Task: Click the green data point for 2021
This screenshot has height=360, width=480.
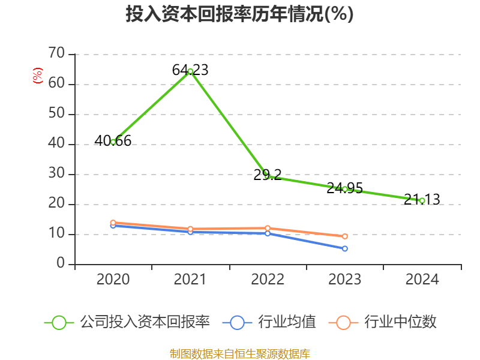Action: pyautogui.click(x=190, y=71)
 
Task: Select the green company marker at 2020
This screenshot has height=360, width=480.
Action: pyautogui.click(x=113, y=142)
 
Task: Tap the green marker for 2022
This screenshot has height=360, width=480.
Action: pyautogui.click(x=268, y=176)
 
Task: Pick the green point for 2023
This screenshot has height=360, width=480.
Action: pyautogui.click(x=345, y=189)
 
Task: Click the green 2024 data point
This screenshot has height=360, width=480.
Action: pyautogui.click(x=422, y=200)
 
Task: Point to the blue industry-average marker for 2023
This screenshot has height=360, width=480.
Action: pyautogui.click(x=345, y=248)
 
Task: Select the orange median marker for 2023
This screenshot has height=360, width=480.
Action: pyautogui.click(x=345, y=236)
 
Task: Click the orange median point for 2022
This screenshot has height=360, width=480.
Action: pyautogui.click(x=268, y=228)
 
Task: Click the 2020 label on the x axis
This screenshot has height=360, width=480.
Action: pyautogui.click(x=113, y=280)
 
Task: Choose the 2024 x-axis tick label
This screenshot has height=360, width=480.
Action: pyautogui.click(x=422, y=280)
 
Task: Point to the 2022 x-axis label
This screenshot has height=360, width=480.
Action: pyautogui.click(x=268, y=280)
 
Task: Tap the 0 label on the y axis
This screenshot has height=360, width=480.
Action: pyautogui.click(x=61, y=264)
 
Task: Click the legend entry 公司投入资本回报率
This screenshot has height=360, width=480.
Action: pyautogui.click(x=145, y=322)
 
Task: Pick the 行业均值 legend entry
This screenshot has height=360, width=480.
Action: pyautogui.click(x=287, y=322)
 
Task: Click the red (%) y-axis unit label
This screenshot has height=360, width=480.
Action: pyautogui.click(x=38, y=76)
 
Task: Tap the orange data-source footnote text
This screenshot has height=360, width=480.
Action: pyautogui.click(x=240, y=353)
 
